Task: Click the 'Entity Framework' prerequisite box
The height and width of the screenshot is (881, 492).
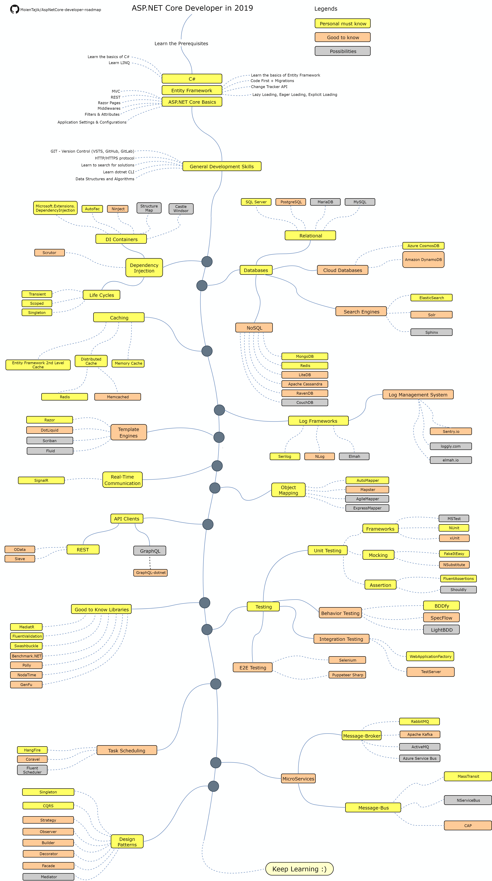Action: click(x=192, y=90)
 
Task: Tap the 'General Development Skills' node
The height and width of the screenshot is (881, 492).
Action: click(x=222, y=166)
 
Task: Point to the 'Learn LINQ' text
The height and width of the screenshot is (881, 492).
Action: click(x=119, y=63)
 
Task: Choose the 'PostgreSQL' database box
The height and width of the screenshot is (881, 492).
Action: click(x=291, y=202)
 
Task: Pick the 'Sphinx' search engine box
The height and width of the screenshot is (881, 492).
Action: click(x=431, y=332)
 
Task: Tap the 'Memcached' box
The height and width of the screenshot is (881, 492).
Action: click(x=118, y=397)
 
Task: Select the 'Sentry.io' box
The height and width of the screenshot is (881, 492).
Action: click(x=451, y=431)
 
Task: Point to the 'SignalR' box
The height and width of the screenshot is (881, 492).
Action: click(x=41, y=480)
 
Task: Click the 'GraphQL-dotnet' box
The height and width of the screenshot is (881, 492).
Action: click(x=151, y=572)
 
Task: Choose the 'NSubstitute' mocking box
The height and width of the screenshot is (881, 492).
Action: click(x=454, y=565)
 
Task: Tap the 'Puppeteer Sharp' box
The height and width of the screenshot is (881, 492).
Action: click(x=348, y=675)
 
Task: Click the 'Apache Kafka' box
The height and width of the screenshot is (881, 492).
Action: click(x=420, y=734)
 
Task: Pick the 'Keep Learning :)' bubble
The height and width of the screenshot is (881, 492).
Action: click(x=299, y=869)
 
